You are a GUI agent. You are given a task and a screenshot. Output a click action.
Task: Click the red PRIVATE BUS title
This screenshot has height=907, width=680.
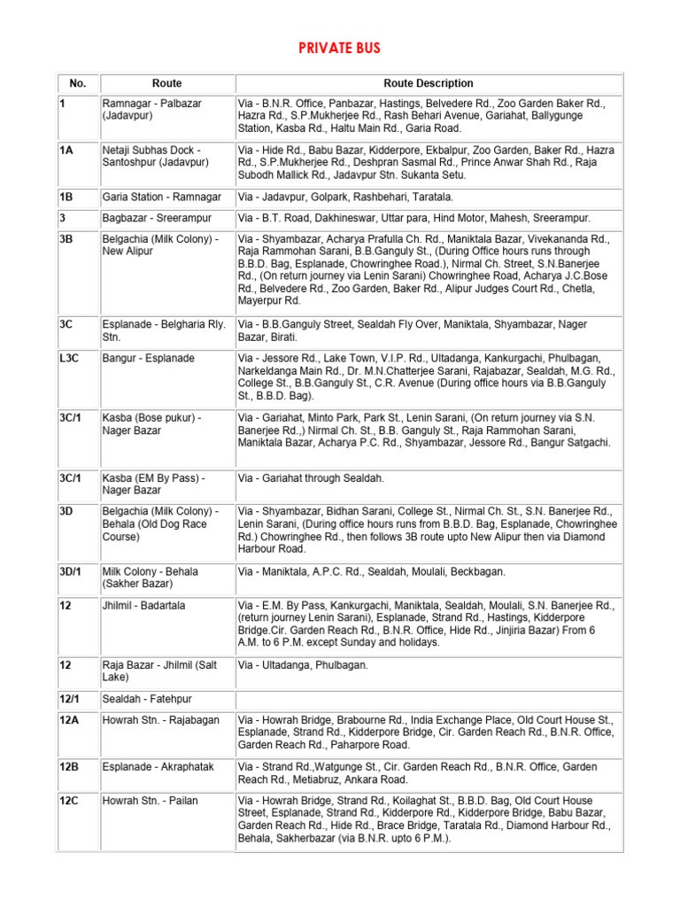tap(340, 48)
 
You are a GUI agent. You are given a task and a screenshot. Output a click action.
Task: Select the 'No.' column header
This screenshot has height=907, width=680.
tap(78, 83)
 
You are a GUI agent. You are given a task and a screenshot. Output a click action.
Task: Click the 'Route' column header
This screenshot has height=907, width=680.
tap(166, 83)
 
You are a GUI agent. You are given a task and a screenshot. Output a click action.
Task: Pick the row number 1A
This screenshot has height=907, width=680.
tap(66, 151)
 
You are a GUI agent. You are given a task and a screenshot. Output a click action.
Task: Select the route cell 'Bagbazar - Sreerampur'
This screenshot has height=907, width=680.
tap(157, 218)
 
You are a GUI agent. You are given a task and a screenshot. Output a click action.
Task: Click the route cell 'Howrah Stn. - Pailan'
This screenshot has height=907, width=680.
tap(151, 801)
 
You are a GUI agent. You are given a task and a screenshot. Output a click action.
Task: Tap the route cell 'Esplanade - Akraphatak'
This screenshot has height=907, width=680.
tap(158, 767)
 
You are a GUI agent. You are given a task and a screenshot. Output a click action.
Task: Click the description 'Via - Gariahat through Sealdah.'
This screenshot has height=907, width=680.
tap(311, 478)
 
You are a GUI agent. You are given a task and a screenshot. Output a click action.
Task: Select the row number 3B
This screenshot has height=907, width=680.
tap(66, 239)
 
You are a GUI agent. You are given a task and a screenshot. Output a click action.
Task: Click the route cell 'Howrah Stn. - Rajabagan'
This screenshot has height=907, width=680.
tap(160, 720)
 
